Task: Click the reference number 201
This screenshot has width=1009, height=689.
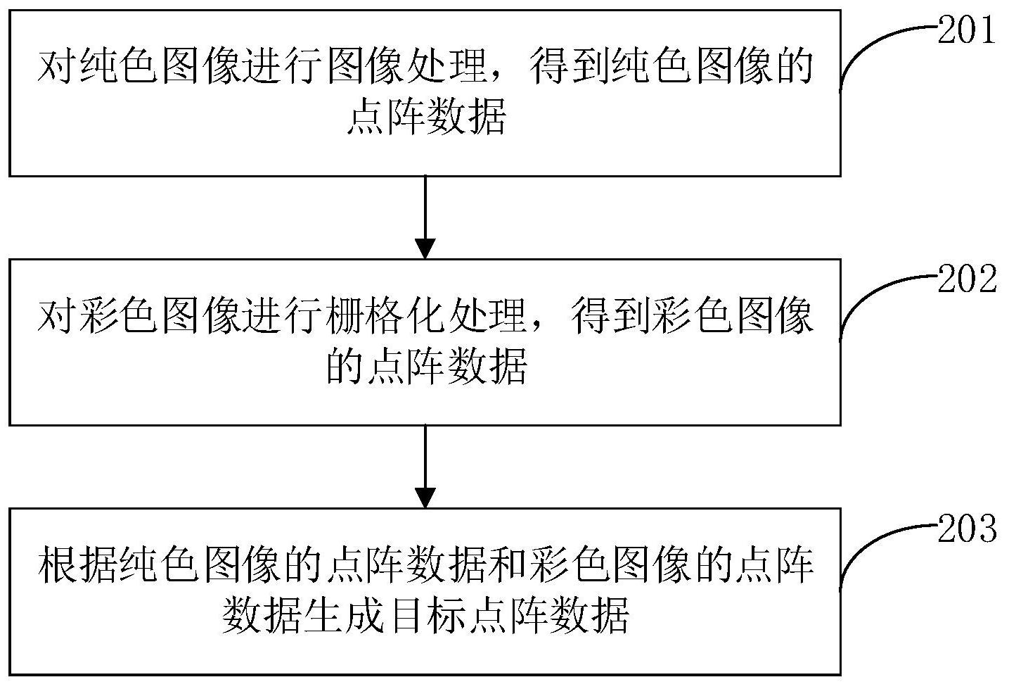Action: point(967,32)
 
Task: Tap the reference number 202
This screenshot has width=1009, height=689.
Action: point(967,281)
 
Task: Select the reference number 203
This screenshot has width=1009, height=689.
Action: point(967,529)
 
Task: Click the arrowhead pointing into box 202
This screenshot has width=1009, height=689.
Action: point(425,248)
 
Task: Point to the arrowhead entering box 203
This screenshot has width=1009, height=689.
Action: point(425,498)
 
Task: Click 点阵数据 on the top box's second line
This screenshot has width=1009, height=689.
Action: point(425,118)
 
